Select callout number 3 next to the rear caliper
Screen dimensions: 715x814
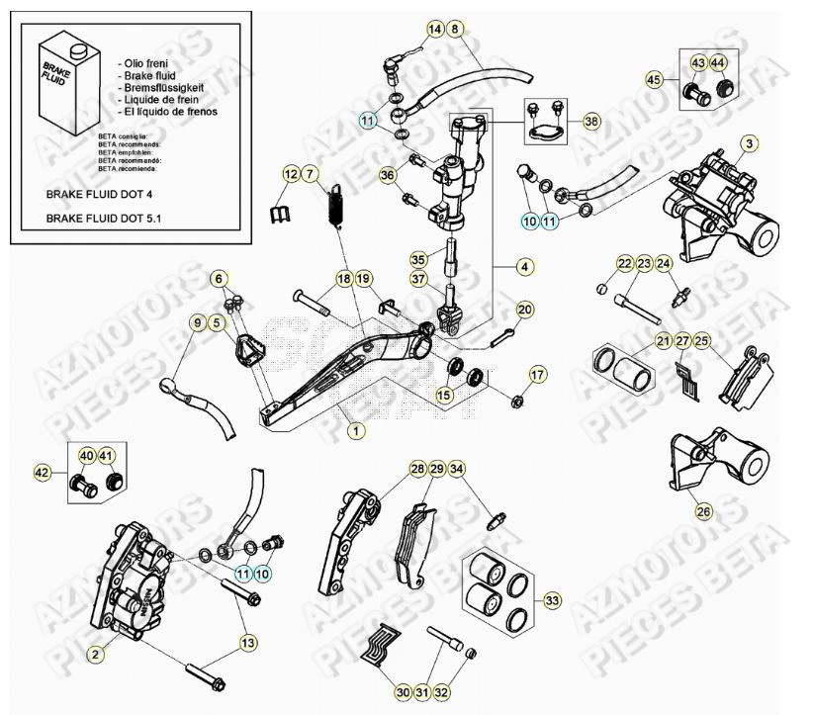(751, 144)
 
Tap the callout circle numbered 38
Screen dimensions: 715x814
(590, 121)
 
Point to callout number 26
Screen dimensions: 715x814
(703, 511)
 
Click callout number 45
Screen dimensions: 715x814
(653, 78)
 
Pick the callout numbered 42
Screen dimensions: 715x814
(43, 474)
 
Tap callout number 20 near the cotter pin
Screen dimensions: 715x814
(524, 310)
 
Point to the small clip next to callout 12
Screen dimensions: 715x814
(281, 212)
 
